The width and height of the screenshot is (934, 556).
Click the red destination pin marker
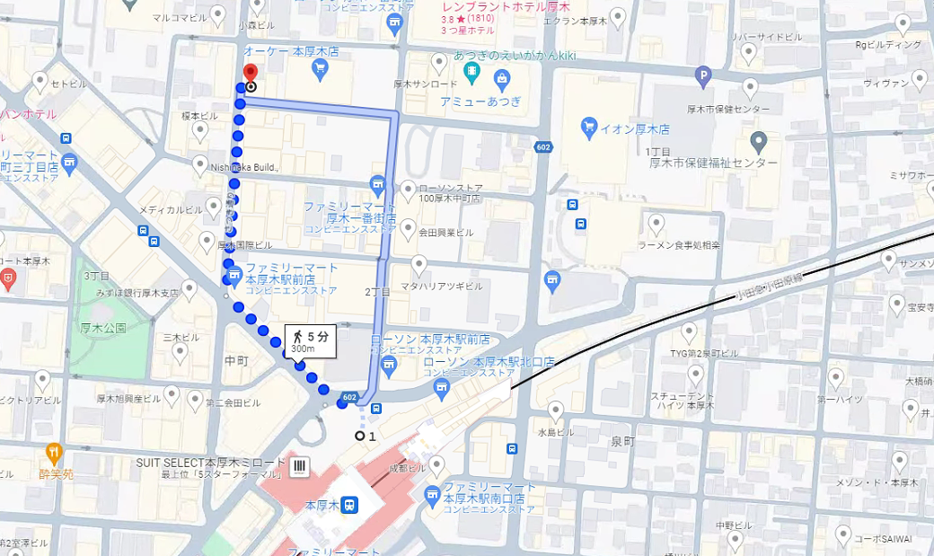click(251, 74)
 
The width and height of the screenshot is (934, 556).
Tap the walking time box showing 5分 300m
click(310, 342)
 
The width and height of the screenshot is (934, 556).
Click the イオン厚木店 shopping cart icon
click(589, 128)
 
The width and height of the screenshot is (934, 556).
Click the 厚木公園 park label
click(102, 329)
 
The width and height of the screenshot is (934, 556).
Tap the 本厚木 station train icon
click(348, 505)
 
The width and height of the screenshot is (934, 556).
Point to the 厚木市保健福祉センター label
click(713, 163)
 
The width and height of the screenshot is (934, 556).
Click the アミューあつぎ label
click(480, 101)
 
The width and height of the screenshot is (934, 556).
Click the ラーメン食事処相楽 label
click(678, 244)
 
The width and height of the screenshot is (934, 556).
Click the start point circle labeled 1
click(360, 436)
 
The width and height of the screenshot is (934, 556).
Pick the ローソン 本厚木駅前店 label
click(430, 340)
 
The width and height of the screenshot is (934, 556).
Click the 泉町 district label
click(622, 441)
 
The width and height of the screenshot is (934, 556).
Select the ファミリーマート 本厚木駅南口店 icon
click(433, 493)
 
